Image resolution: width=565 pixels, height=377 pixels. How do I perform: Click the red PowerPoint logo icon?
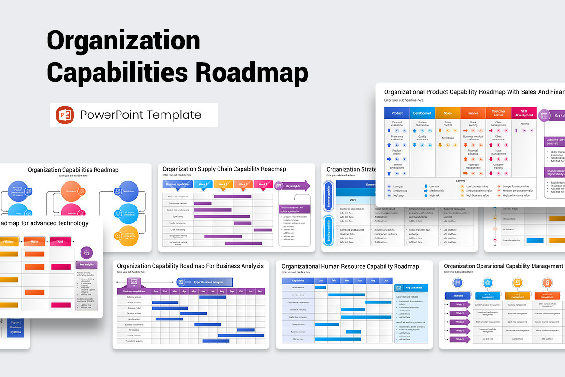pos(65,115)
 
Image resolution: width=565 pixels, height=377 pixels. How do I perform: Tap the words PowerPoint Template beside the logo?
pos(140,115)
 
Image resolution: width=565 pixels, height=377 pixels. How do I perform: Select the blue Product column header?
pos(397,113)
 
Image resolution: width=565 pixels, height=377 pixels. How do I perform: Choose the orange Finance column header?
pos(473,113)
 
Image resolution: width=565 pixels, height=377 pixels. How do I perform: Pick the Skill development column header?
pos(524,113)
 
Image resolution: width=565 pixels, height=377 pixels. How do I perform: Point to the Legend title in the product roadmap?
pos(460,181)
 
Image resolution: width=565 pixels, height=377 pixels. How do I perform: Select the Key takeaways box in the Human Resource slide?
pos(411,287)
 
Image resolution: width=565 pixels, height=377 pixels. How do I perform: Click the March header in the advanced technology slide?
pos(34,242)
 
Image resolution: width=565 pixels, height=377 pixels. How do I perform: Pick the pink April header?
pos(60,242)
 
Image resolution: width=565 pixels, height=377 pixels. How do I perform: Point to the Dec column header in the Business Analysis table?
pos(259,291)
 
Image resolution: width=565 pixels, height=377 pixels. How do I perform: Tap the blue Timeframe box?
pos(458,296)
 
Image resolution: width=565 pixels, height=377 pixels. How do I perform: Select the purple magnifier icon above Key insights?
pos(86,252)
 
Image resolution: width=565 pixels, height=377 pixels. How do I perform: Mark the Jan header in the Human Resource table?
pos(321,280)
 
